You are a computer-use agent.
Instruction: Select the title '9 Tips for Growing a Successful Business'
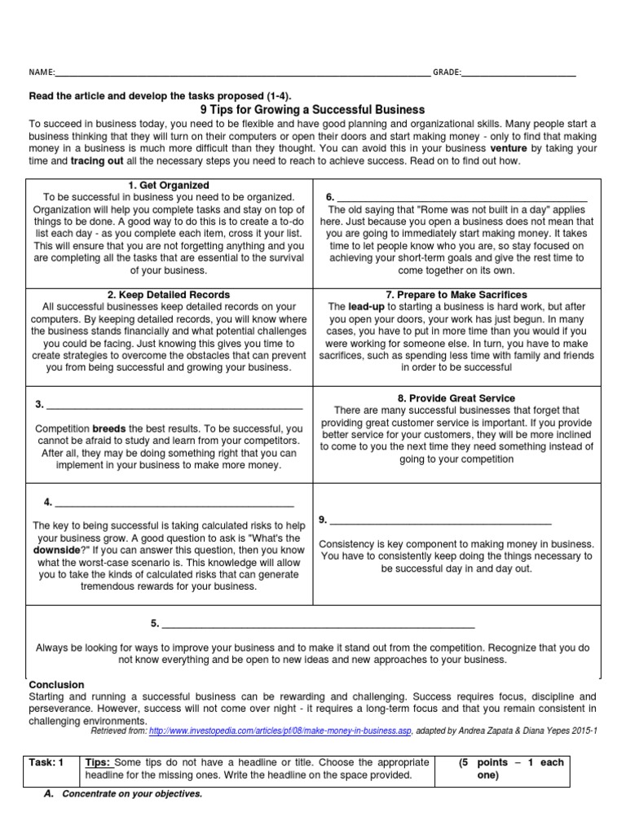pos(312,109)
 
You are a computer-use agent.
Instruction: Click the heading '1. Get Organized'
pos(170,186)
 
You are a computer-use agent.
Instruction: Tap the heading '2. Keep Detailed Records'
pos(170,294)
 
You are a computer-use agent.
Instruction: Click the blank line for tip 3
pos(175,405)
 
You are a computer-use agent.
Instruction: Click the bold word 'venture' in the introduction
pos(508,150)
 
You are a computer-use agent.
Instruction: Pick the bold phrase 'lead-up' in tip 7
pos(368,306)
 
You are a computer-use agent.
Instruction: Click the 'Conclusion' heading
pos(57,685)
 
